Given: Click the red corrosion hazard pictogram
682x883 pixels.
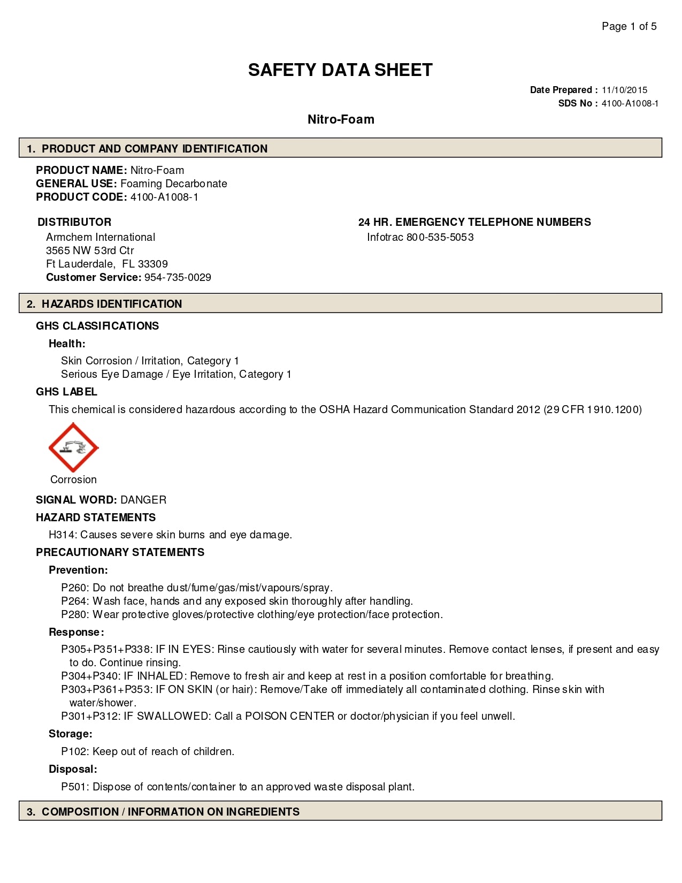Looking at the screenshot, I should pyautogui.click(x=73, y=448).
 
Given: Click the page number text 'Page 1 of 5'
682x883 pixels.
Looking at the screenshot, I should pyautogui.click(x=629, y=26).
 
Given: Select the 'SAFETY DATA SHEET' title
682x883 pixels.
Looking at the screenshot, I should pyautogui.click(x=340, y=70).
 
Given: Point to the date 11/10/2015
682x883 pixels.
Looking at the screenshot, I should pyautogui.click(x=624, y=90).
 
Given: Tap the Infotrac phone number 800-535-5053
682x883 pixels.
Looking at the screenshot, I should pyautogui.click(x=440, y=237).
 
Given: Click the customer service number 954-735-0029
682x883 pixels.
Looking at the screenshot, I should pyautogui.click(x=178, y=277).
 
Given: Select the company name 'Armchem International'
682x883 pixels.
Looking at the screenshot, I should pyautogui.click(x=101, y=237).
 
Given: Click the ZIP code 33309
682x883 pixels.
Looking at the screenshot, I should pyautogui.click(x=153, y=264).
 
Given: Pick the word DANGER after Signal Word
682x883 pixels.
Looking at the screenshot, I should pyautogui.click(x=143, y=500).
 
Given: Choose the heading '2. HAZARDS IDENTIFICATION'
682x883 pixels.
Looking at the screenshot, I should pyautogui.click(x=104, y=304).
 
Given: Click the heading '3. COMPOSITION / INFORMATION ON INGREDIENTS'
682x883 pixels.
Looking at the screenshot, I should pyautogui.click(x=163, y=812).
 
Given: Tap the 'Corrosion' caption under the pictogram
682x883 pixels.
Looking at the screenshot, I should pyautogui.click(x=73, y=479).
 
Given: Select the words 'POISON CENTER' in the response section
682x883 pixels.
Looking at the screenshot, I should pyautogui.click(x=289, y=716).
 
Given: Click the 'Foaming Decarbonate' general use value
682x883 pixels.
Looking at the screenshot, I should pyautogui.click(x=174, y=184).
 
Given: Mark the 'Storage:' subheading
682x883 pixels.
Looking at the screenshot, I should pyautogui.click(x=71, y=734).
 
